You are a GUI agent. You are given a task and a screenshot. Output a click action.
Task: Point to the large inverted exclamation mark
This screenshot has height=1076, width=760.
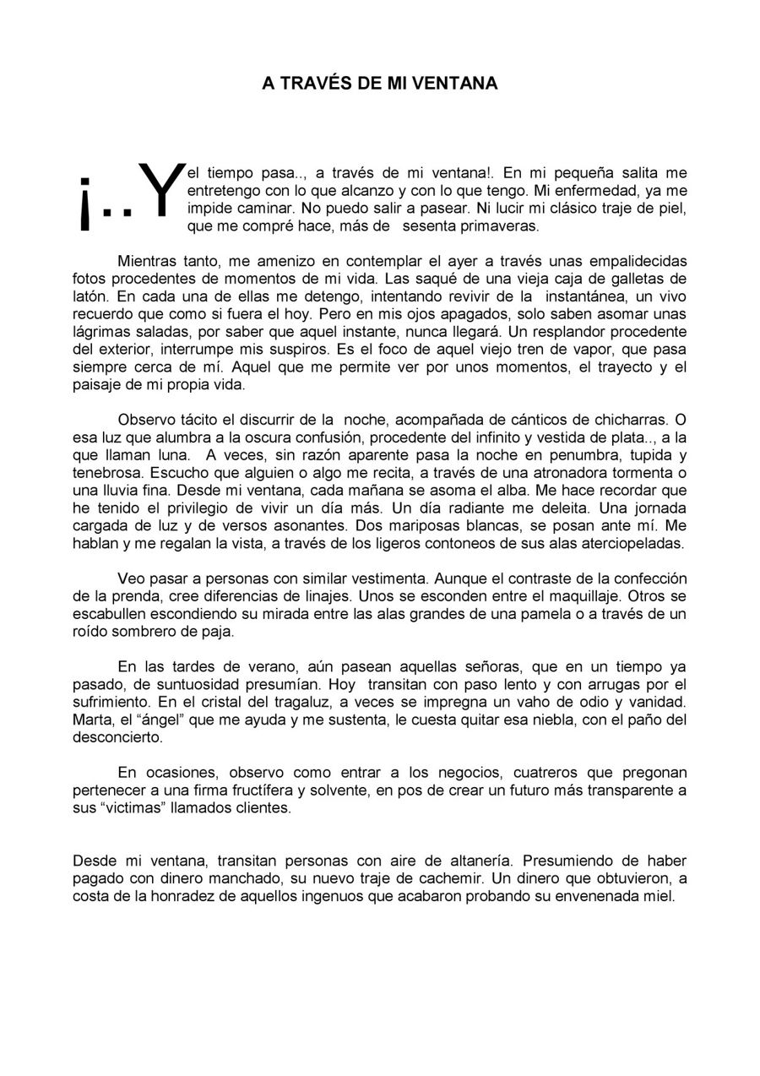coord(84,204)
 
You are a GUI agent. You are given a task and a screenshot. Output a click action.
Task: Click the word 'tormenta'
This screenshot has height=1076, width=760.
coord(634,472)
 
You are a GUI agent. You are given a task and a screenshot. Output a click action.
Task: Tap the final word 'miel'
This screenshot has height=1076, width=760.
coord(660,896)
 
